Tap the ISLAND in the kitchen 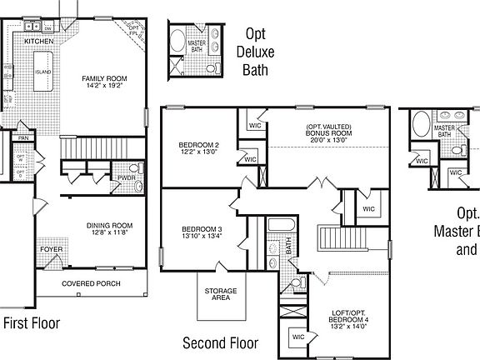tap(42, 72)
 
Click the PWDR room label tap(127, 177)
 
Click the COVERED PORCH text tap(91, 284)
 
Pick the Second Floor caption tap(221, 342)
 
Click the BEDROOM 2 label tap(197, 145)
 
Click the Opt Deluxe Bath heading tap(256, 52)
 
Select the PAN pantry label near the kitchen tap(24, 137)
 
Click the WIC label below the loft tap(297, 337)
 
